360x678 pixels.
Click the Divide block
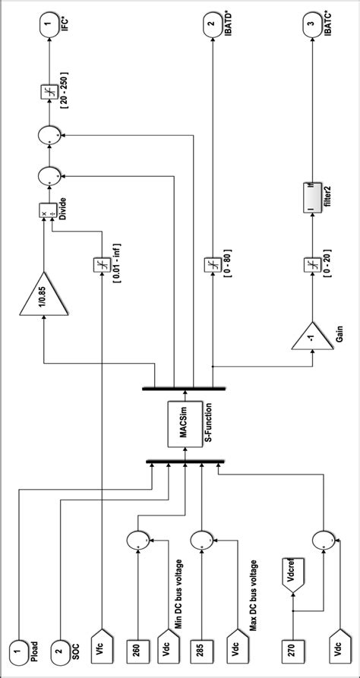pyautogui.click(x=43, y=211)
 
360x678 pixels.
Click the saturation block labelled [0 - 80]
pyautogui.click(x=210, y=264)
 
